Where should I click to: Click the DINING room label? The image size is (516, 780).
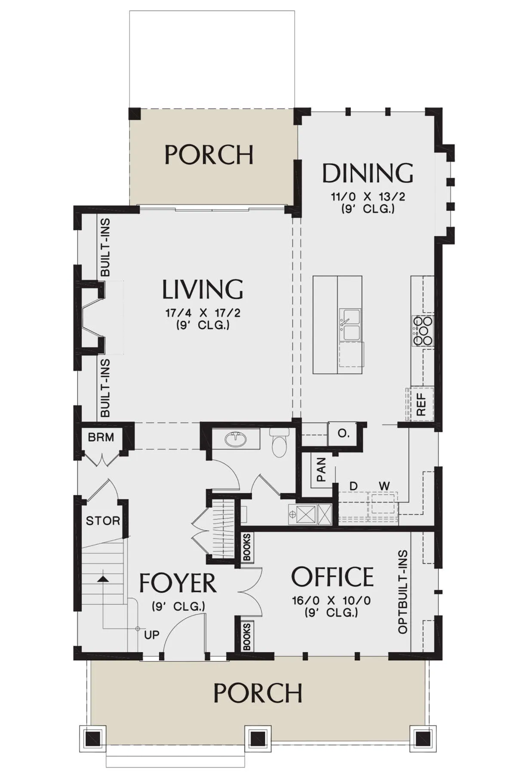368,173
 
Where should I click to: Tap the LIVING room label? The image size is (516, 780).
203,289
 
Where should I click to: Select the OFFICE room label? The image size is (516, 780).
332,577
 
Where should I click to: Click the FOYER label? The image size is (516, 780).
178,583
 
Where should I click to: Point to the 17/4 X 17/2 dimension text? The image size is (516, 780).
203,313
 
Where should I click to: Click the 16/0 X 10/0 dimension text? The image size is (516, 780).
332,600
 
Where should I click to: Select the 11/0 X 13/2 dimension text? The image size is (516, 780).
368,197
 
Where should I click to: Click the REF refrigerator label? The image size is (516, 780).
421,404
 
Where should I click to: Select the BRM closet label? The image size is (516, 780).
101,438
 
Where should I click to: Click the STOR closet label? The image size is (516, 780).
103,521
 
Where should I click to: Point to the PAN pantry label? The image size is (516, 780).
321,469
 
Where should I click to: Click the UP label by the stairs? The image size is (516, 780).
152,635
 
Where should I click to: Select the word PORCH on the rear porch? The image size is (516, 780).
209,155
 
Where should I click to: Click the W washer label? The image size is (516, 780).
384,486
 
